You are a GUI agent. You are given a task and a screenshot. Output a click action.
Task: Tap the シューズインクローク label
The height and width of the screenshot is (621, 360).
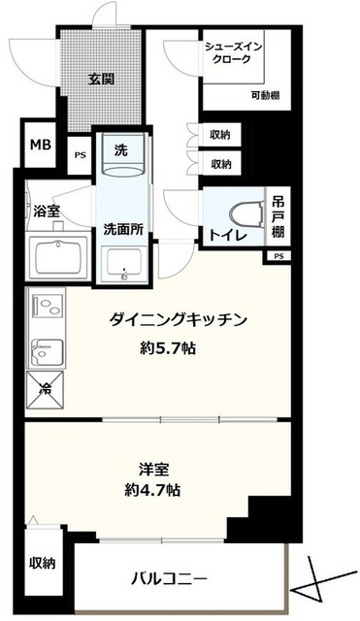pyautogui.click(x=234, y=52)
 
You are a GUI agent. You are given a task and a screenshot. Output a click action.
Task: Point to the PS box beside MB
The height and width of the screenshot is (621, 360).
pyautogui.click(x=79, y=154)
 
